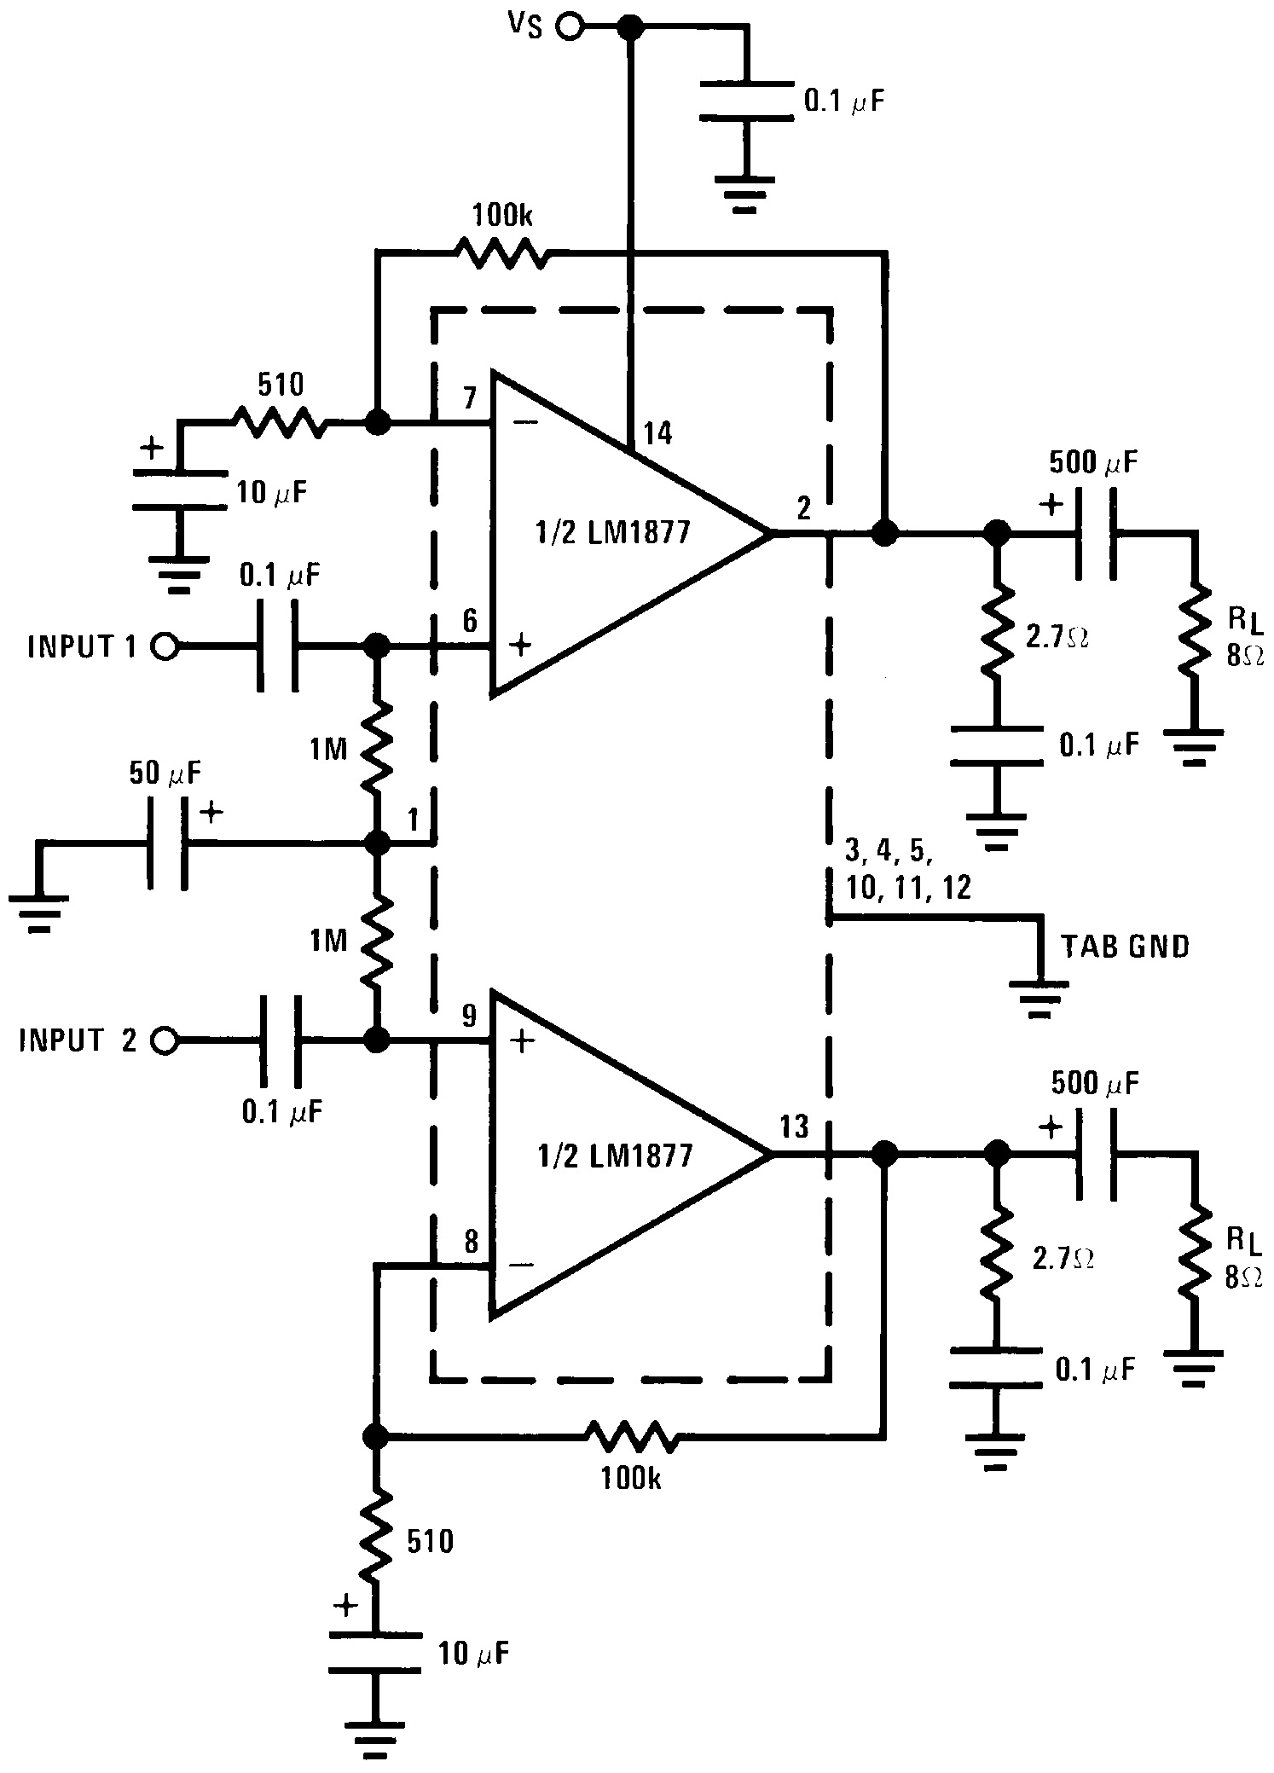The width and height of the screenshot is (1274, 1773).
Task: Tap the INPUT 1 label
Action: pyautogui.click(x=82, y=646)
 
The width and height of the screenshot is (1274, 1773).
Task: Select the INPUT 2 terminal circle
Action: pyautogui.click(x=164, y=1040)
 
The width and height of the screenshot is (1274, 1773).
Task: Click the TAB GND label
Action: pyautogui.click(x=1125, y=946)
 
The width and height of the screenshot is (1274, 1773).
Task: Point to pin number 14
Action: pyautogui.click(x=658, y=433)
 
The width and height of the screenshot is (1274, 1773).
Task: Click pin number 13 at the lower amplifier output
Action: pyautogui.click(x=794, y=1127)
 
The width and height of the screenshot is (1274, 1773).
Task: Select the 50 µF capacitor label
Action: pyautogui.click(x=165, y=774)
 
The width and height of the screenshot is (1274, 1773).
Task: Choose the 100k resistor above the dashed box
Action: pyautogui.click(x=501, y=252)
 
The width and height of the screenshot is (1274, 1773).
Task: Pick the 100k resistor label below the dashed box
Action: pyautogui.click(x=630, y=1480)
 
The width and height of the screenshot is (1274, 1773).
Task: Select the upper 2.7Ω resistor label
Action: pyautogui.click(x=1059, y=635)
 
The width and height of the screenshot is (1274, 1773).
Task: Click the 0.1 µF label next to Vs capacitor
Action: pyautogui.click(x=844, y=103)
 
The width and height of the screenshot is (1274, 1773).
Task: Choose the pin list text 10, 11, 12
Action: pyautogui.click(x=909, y=888)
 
